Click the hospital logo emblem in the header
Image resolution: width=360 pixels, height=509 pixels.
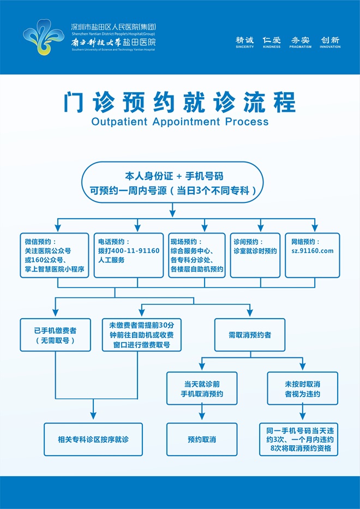[44, 37]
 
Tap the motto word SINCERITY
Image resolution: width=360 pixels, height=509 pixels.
[245, 47]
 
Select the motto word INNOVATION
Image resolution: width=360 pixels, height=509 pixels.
[330, 47]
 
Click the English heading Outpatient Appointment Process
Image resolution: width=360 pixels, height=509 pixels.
[180, 121]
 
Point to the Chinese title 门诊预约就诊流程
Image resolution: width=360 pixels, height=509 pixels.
[180, 102]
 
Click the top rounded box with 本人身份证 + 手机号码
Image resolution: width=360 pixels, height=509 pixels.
[172, 183]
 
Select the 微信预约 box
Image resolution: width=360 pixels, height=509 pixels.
[55, 255]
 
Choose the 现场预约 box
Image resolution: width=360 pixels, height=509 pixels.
[197, 255]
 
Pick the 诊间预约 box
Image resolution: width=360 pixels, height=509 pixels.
[255, 255]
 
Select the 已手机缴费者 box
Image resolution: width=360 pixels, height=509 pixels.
[55, 335]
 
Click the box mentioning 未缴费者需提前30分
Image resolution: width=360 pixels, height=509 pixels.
[142, 335]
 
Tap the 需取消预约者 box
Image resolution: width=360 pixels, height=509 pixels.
[250, 335]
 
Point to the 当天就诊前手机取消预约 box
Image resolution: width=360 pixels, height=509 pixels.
[202, 388]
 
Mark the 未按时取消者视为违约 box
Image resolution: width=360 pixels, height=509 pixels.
[302, 388]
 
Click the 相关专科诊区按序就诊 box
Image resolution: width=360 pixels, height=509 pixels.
[93, 439]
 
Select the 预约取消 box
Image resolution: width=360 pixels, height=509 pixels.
[202, 439]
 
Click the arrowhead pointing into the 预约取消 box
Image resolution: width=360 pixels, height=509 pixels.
[202, 419]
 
